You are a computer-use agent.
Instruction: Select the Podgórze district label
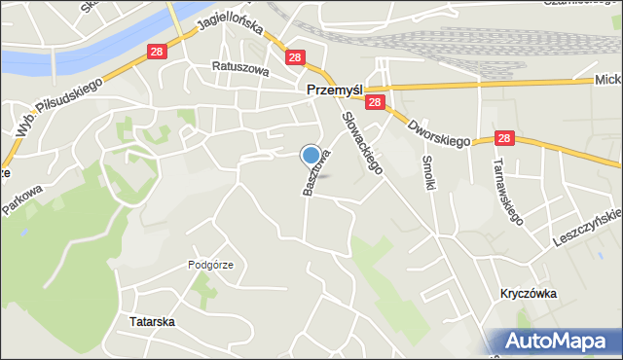210,265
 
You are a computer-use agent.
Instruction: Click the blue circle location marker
311,155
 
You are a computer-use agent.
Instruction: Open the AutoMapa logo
557,342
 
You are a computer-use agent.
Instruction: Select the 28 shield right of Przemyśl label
377,101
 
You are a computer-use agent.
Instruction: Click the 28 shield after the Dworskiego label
504,140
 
